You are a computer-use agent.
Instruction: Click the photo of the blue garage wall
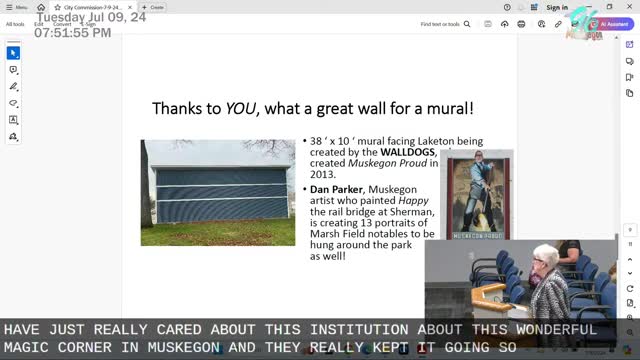pyautogui.click(x=218, y=192)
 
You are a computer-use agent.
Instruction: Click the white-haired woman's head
pyautogui.click(x=546, y=259)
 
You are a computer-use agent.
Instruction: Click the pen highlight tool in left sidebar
pyautogui.click(x=13, y=87)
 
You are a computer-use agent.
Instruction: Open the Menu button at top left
pyautogui.click(x=18, y=7)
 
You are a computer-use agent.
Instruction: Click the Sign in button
pyautogui.click(x=557, y=7)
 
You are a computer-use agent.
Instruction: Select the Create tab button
pyautogui.click(x=154, y=7)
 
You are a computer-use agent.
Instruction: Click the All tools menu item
pyautogui.click(x=16, y=23)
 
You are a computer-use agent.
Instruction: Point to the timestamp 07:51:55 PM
pyautogui.click(x=73, y=33)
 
